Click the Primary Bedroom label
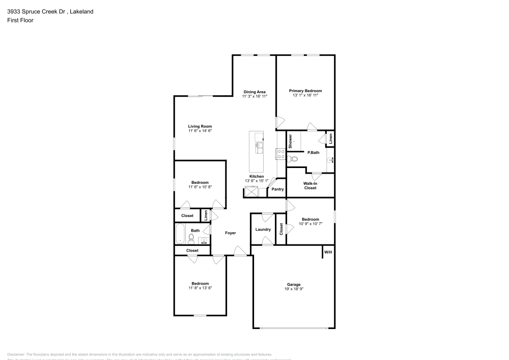tap(305, 91)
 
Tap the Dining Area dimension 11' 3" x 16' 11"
tap(254, 96)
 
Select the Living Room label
tap(200, 126)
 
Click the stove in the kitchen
tap(280, 154)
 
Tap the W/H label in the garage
tap(328, 253)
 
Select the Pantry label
tap(277, 189)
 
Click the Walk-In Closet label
tap(310, 185)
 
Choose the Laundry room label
tap(263, 230)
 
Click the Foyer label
tap(231, 233)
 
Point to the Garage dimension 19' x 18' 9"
tap(294, 289)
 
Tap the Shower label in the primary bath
tap(290, 141)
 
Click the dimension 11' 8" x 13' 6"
tap(200, 288)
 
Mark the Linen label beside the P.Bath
tap(330, 140)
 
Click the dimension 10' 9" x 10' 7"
tap(310, 223)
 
